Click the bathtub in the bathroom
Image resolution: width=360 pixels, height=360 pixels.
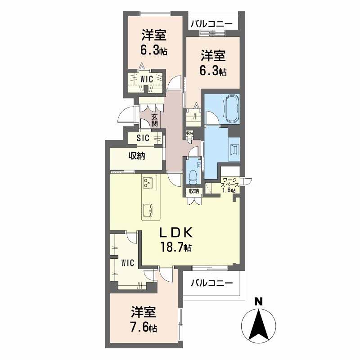tap(232, 109)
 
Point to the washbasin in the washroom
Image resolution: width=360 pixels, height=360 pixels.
tap(234, 149)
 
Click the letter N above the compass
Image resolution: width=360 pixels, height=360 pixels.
tap(258, 301)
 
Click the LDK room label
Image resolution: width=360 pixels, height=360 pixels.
tap(176, 233)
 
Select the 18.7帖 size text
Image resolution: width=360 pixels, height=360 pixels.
tap(176, 247)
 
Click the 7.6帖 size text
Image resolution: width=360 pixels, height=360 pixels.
tap(144, 328)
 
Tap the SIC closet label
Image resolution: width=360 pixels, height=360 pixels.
tap(143, 138)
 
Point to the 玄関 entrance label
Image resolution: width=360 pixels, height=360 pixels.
tap(154, 120)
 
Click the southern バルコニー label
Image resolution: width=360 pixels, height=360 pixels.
tap(211, 283)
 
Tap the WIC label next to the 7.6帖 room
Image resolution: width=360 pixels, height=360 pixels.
tap(128, 263)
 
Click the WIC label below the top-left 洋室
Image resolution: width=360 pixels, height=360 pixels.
tap(147, 79)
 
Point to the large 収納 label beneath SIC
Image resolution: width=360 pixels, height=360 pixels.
tap(137, 156)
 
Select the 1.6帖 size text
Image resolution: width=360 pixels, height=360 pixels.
tap(229, 190)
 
